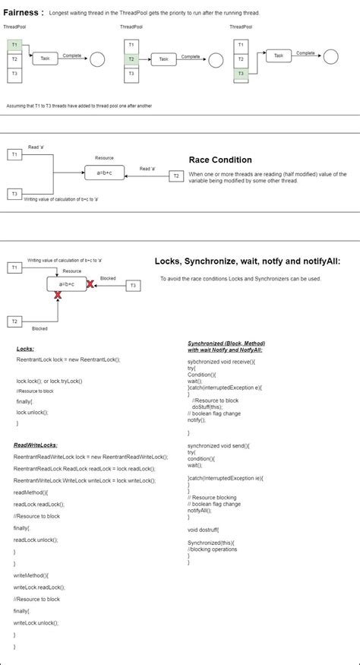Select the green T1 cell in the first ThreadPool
[x=14, y=46]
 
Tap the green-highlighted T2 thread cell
[x=131, y=59]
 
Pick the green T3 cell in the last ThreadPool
[x=240, y=73]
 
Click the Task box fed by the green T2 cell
[x=163, y=59]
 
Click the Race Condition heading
[x=219, y=160]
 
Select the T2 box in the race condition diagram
[x=175, y=176]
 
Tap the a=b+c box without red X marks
[x=104, y=173]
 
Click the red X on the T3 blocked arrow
[x=90, y=284]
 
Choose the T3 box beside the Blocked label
[x=132, y=285]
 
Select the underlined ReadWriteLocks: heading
[x=36, y=445]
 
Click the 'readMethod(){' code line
[x=31, y=492]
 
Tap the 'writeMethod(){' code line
[x=31, y=575]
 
